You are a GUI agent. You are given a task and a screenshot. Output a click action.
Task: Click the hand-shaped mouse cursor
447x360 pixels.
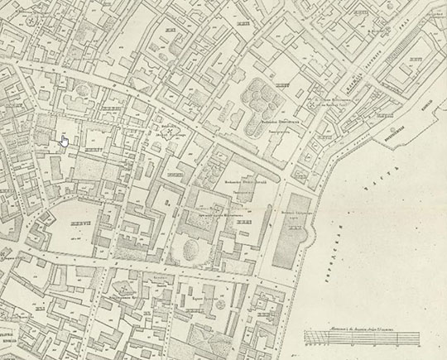[x=64, y=140]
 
